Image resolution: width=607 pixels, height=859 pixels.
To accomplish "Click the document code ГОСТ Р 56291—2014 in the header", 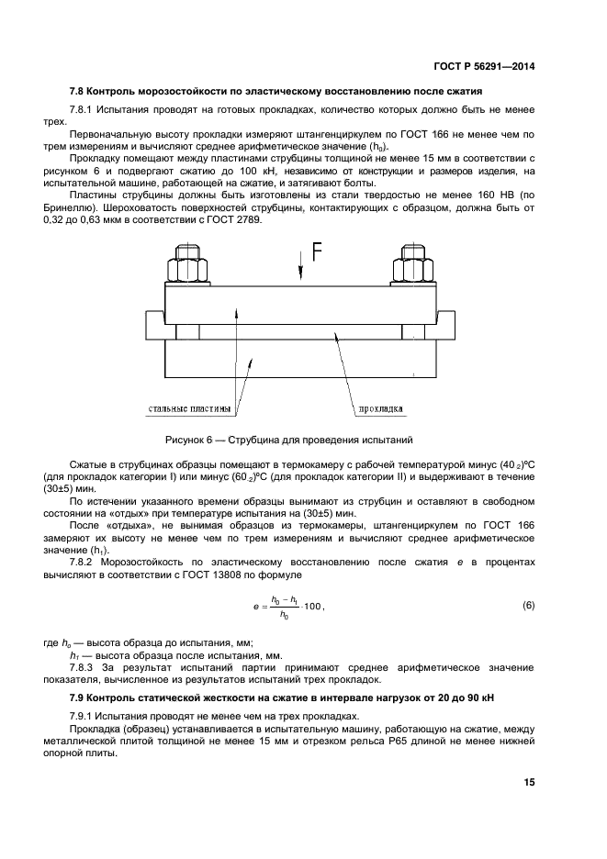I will (x=483, y=66).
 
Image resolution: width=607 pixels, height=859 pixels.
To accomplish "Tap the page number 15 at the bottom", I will (x=529, y=782).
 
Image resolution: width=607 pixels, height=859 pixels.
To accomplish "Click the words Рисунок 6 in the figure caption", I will (x=188, y=440).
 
